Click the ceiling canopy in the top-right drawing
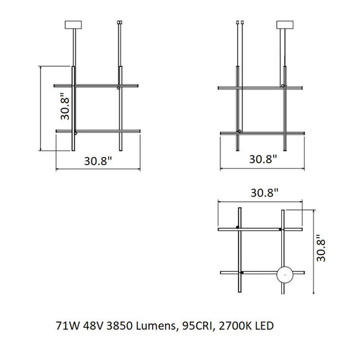tap(285, 25)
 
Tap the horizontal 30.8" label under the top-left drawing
tap(97, 160)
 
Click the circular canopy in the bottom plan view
tap(284, 274)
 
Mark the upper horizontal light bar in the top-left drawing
tap(97, 85)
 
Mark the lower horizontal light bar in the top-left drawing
tap(97, 130)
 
